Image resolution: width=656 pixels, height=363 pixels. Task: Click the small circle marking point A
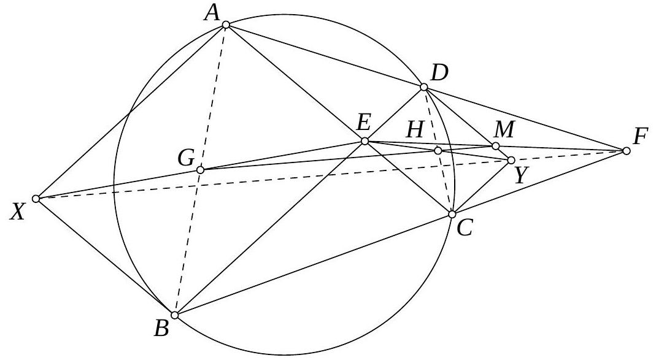click(x=226, y=25)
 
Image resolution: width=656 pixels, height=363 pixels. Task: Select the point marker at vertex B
click(x=175, y=315)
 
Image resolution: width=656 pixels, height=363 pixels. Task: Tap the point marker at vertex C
click(x=452, y=214)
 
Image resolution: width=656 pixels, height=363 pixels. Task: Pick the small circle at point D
click(x=423, y=87)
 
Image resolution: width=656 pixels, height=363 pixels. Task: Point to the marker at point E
click(x=365, y=142)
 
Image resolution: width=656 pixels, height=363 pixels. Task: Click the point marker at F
click(x=626, y=151)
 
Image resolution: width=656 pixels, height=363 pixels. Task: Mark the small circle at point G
click(x=199, y=169)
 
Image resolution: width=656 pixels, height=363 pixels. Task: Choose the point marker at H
click(x=438, y=150)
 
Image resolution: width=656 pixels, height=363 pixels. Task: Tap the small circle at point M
click(x=496, y=146)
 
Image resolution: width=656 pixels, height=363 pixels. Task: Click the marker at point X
click(x=36, y=199)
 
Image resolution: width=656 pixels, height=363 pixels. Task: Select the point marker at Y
click(x=511, y=161)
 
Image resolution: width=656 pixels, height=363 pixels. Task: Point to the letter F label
click(x=641, y=137)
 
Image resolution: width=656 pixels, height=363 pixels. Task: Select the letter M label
click(x=506, y=129)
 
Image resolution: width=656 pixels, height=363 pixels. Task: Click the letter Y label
click(x=520, y=176)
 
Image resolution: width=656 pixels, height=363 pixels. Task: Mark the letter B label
click(x=162, y=329)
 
